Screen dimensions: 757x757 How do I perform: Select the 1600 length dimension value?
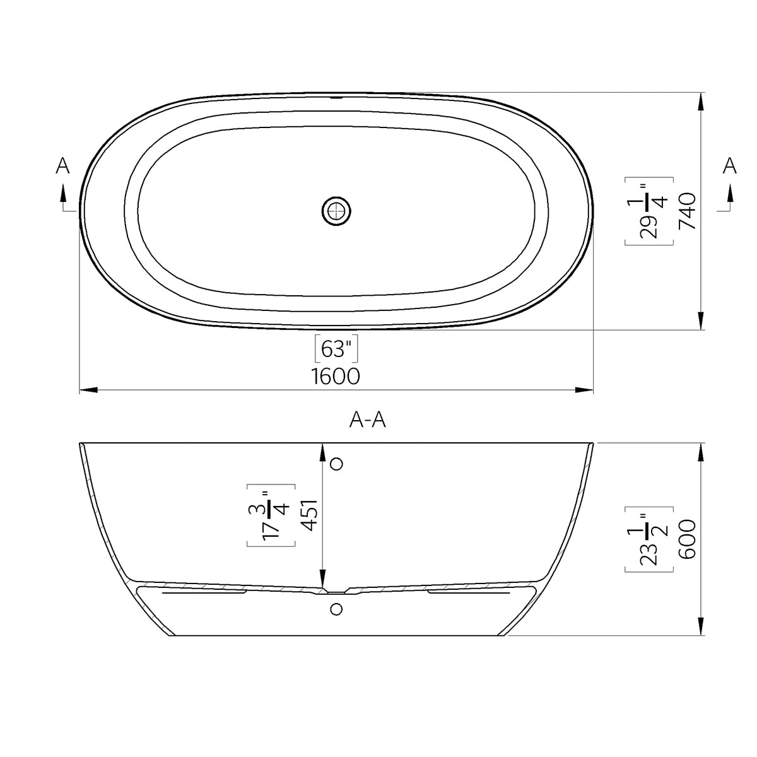(336, 377)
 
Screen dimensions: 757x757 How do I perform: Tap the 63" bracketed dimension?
(336, 348)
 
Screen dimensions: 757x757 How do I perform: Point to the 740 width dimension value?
(687, 211)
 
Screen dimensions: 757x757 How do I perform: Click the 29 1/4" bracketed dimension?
(648, 211)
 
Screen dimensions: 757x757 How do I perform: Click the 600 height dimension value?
(687, 539)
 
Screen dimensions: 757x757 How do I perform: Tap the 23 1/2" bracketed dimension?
(648, 539)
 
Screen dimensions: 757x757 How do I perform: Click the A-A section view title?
(367, 420)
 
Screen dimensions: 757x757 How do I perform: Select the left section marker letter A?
(62, 166)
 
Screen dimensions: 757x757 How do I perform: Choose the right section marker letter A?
(729, 166)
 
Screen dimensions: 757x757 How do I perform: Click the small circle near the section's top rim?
(336, 464)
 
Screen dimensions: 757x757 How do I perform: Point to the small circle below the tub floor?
(336, 609)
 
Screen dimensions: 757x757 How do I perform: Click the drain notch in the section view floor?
(336, 592)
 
